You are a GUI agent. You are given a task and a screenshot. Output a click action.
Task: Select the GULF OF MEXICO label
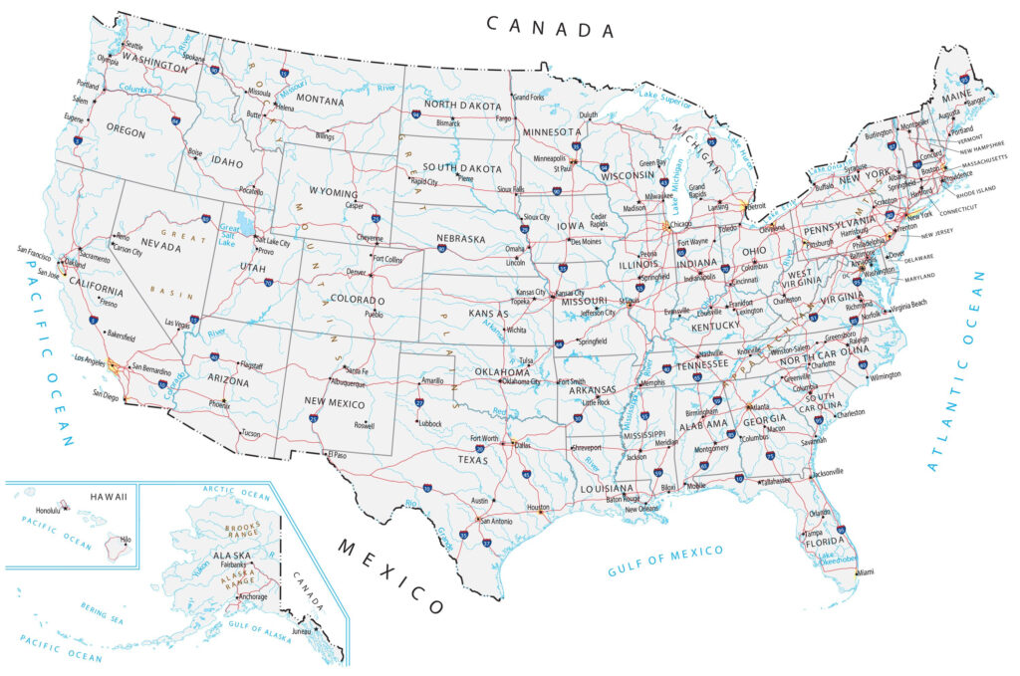665,561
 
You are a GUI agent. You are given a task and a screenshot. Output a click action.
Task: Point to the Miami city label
864,573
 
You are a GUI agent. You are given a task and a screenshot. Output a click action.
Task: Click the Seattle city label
132,46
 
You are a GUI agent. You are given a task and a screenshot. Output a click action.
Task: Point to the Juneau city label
302,631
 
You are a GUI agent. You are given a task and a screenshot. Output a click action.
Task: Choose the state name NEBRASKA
460,239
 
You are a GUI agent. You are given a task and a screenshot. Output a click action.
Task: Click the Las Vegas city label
176,324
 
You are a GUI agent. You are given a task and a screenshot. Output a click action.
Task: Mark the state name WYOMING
333,192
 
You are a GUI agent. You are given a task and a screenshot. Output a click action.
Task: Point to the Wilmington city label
885,375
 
